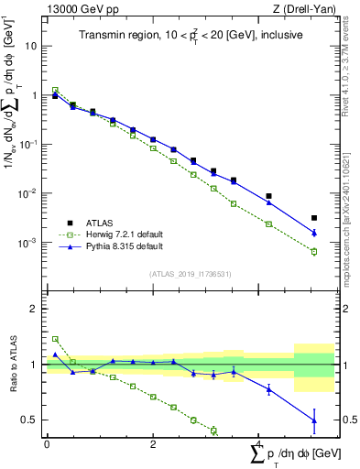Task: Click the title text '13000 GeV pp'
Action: pos(76,9)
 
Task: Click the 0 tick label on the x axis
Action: pos(47,444)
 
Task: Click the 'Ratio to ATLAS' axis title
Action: pos(12,365)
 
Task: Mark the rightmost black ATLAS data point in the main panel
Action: pos(313,218)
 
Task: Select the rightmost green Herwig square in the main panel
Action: pos(313,252)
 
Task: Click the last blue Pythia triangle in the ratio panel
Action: pos(313,420)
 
